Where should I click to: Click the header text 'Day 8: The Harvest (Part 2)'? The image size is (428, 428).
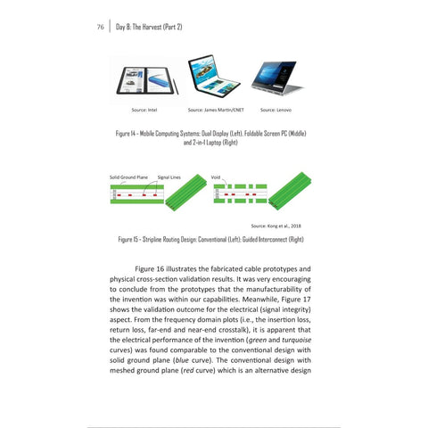tap(150, 27)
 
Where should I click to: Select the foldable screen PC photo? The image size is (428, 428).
tap(211, 78)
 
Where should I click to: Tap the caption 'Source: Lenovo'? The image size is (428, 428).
tap(276, 111)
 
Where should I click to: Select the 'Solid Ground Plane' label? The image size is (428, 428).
tap(128, 177)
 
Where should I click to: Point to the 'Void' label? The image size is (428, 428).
tap(215, 177)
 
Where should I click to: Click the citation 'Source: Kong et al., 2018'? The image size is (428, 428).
tap(276, 226)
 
